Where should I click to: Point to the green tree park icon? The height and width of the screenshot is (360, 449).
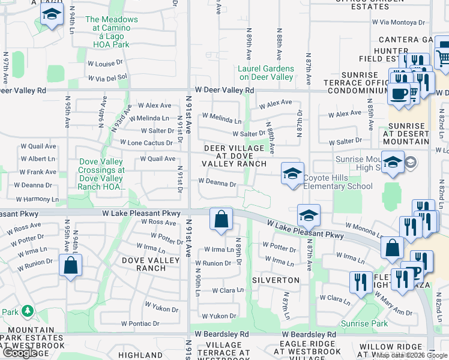[x=27, y=311]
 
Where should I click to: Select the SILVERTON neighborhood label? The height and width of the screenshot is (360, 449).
[x=276, y=280]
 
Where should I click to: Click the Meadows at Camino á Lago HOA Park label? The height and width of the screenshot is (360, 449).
[x=112, y=32]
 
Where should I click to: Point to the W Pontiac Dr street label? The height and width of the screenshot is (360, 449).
[x=140, y=323]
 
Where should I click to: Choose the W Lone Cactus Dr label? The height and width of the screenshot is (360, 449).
[x=146, y=143]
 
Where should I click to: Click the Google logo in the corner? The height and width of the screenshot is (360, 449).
[x=20, y=353]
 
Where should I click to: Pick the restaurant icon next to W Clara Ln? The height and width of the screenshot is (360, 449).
[x=361, y=283]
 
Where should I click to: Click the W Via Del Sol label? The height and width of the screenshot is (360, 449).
[x=108, y=77]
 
